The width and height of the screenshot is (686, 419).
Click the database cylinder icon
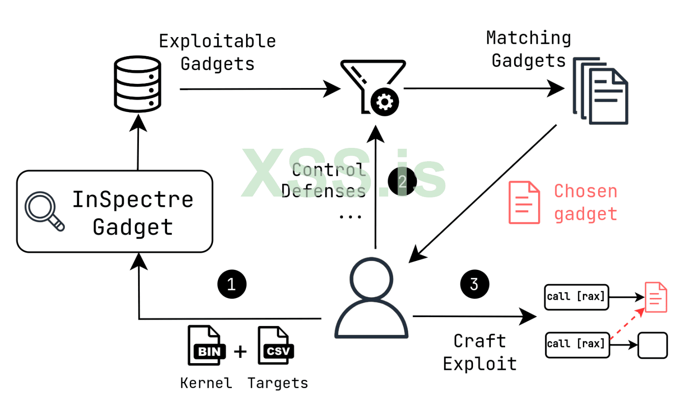pos(137,84)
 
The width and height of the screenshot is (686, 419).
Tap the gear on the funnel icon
pos(384,102)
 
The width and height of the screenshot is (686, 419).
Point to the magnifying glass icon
pos(44,211)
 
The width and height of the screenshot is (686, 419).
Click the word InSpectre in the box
pos(133,199)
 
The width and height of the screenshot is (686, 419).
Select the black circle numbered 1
pos(232,284)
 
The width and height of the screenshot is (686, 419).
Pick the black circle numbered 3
pos(474,284)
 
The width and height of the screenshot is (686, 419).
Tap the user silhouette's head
pos(371,278)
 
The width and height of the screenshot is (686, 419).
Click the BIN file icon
pos(206,345)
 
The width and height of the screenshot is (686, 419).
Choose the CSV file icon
pos(276,345)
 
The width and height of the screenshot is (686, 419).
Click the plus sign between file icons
pos(240,352)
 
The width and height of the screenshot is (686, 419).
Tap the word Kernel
pos(206,383)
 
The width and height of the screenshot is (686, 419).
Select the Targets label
pos(278,383)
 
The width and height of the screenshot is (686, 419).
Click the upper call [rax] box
pos(576,297)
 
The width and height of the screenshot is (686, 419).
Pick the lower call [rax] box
pos(577,344)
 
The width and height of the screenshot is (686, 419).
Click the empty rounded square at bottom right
pos(653,345)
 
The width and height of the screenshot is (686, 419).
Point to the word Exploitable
pos(218,41)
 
